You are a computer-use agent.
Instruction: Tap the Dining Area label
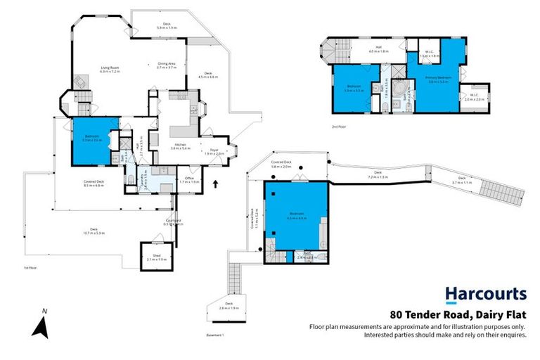coord(166,65)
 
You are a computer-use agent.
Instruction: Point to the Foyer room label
coord(212,152)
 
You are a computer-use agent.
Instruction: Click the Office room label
coord(189,179)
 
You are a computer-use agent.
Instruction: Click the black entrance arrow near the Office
coord(215,185)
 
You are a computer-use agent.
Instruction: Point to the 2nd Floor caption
coord(340,127)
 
